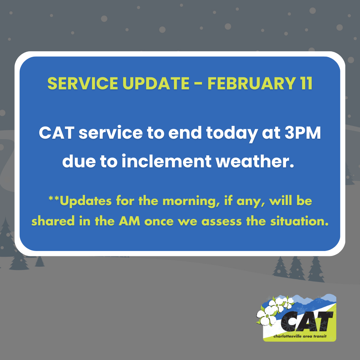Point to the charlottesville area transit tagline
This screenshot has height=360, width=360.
[x=299, y=335]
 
